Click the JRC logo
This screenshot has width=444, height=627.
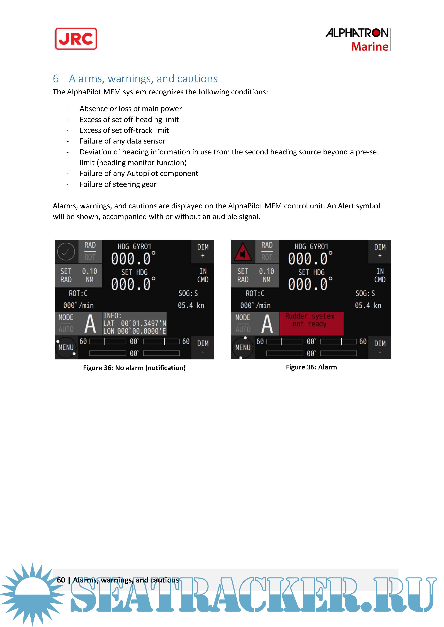[x=76, y=39]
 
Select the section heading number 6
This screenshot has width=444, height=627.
[x=56, y=79]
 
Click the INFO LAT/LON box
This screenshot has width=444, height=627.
[x=134, y=323]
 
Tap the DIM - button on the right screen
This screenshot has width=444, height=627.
[x=379, y=347]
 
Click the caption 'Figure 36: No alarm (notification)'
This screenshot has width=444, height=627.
[x=134, y=368]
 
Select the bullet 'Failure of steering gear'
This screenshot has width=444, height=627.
[x=118, y=184]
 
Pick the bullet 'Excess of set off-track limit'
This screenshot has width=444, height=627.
[x=124, y=130]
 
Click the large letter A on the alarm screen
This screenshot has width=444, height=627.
[x=267, y=324]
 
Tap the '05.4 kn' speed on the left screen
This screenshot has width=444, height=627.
[x=191, y=305]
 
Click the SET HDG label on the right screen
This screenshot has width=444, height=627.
[x=311, y=272]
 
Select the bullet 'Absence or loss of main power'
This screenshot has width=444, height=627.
[x=130, y=109]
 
